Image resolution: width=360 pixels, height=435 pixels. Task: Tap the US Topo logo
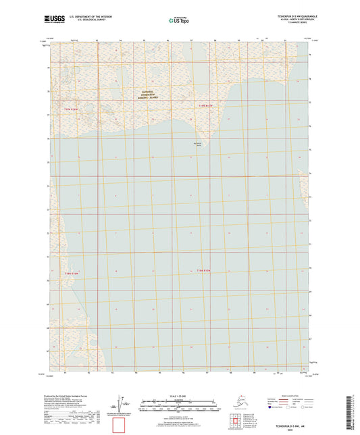178,20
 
